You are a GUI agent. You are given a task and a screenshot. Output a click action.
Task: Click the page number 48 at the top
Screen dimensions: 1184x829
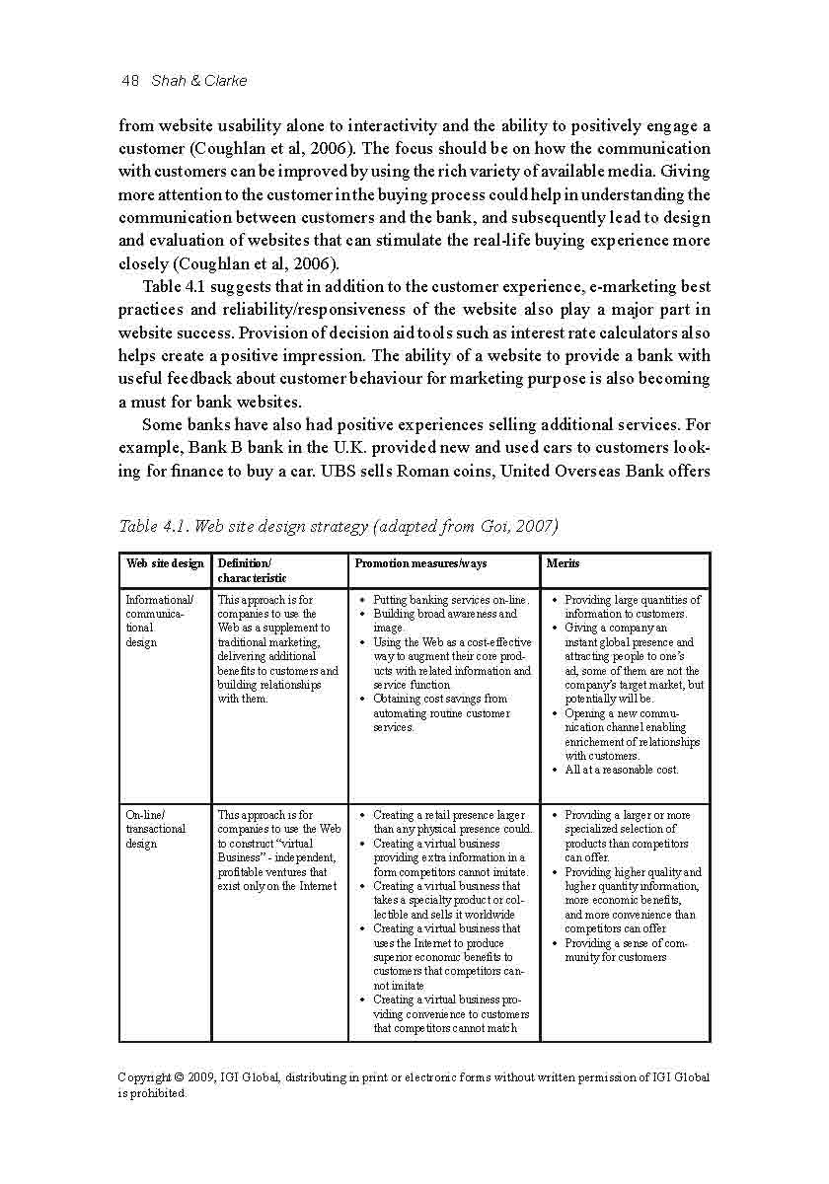[x=129, y=81]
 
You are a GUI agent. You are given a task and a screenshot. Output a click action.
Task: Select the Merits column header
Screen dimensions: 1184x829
[x=563, y=563]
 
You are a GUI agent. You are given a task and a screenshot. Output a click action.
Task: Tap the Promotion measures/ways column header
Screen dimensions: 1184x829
[x=420, y=563]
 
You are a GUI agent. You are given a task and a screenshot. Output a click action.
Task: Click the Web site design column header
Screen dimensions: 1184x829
[x=165, y=563]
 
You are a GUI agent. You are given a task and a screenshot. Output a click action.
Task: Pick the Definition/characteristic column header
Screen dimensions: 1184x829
[x=252, y=570]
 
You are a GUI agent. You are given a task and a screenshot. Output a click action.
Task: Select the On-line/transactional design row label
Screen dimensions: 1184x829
[x=155, y=829]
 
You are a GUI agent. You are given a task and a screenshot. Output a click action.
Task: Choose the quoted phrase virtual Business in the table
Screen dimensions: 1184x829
[x=255, y=851]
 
